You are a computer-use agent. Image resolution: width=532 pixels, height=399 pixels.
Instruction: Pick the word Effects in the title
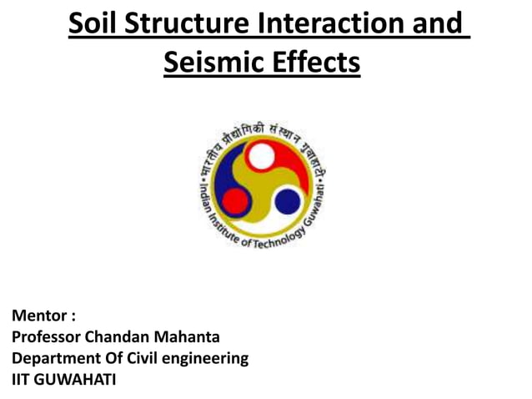[x=315, y=63]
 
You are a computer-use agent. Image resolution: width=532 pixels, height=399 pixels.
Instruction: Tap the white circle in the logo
[x=261, y=156]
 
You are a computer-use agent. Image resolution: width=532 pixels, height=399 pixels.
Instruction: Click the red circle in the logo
[x=236, y=200]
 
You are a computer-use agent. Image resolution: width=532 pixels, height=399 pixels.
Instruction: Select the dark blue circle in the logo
[x=288, y=200]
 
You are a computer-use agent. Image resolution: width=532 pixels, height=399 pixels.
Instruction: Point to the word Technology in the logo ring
[x=284, y=238]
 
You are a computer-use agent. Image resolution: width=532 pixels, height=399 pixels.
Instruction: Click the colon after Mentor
[x=73, y=318]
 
